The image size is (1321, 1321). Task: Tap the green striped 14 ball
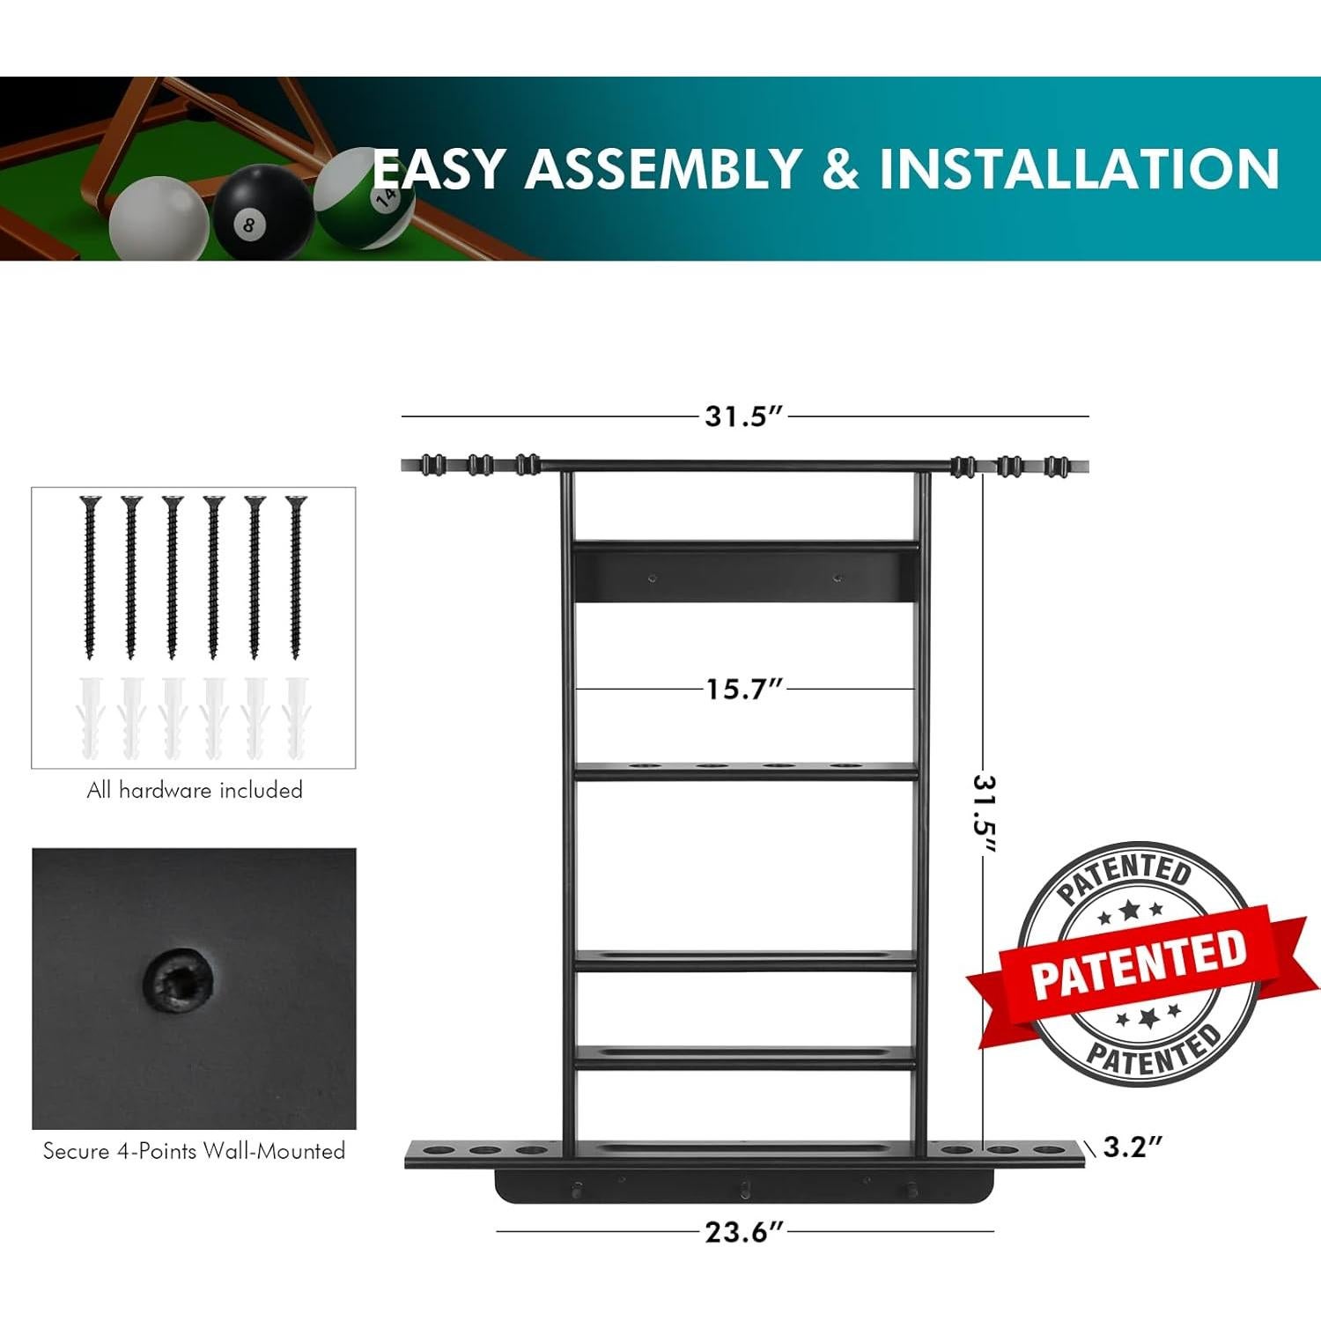click(x=365, y=198)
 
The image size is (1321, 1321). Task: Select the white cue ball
click(x=159, y=218)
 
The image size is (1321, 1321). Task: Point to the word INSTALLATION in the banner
click(x=1079, y=168)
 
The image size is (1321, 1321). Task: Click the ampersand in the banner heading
click(x=840, y=168)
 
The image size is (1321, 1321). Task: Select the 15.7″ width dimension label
click(x=744, y=689)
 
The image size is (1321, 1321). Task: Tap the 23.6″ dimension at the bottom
click(x=744, y=1232)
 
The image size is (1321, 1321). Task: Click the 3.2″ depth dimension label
click(x=1133, y=1148)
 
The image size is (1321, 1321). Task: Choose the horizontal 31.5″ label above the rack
click(x=744, y=416)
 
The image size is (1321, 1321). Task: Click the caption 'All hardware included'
click(x=195, y=790)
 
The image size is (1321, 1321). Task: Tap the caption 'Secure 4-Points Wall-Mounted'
click(x=194, y=1151)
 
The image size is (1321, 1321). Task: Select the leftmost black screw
click(x=90, y=577)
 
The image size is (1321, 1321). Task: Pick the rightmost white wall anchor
click(x=295, y=717)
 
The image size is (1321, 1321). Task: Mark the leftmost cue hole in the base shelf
click(x=434, y=1149)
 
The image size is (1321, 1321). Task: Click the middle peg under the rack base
click(x=745, y=1188)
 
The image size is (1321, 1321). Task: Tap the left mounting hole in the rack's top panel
click(x=653, y=579)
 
